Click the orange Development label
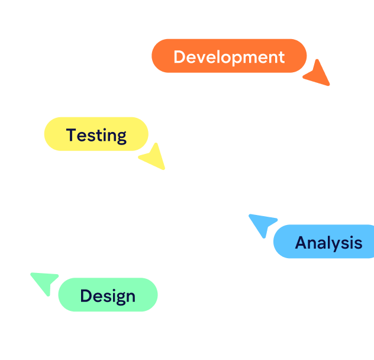click(x=229, y=56)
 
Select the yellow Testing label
click(x=96, y=134)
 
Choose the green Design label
click(x=108, y=295)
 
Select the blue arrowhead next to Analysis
click(x=263, y=224)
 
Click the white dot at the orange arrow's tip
click(x=329, y=86)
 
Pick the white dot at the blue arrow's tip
click(x=249, y=216)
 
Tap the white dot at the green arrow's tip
click(x=30, y=274)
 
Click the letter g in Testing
click(x=121, y=137)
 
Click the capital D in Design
click(x=87, y=295)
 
